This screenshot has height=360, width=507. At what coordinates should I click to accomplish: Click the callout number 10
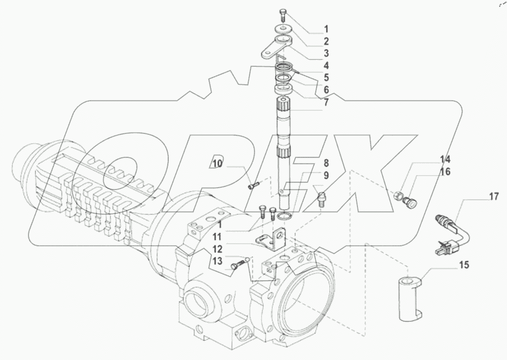pyautogui.click(x=218, y=163)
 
